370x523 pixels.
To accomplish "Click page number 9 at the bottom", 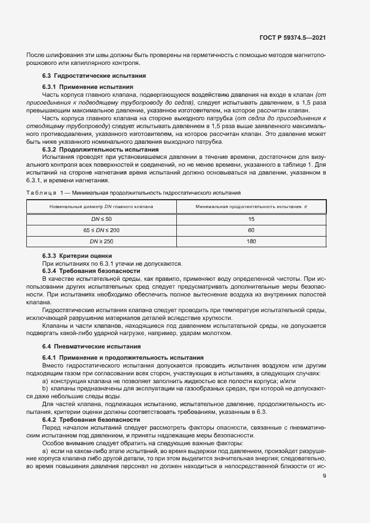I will point(325,476).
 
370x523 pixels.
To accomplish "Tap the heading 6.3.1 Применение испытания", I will point(88,87).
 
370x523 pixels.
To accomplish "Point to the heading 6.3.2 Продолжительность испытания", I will point(101,150).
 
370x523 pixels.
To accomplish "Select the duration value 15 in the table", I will point(251,219).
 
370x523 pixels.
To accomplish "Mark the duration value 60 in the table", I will point(251,230).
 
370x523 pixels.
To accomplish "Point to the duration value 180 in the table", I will point(251,242).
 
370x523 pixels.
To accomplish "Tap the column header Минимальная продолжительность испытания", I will point(251,207).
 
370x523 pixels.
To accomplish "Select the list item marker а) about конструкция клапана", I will point(45,380).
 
